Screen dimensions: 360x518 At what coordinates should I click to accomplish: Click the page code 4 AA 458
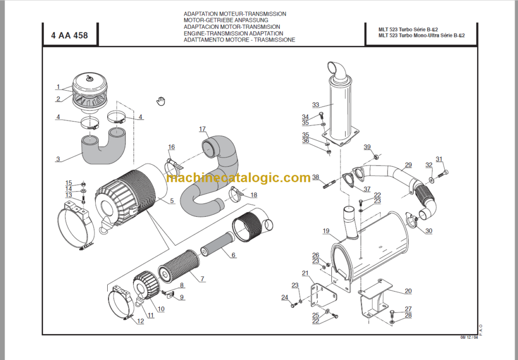[69, 35]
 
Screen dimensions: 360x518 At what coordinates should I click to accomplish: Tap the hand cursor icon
[161, 101]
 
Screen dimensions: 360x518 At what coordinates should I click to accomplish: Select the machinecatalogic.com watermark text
[238, 178]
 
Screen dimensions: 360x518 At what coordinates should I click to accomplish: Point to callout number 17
[202, 129]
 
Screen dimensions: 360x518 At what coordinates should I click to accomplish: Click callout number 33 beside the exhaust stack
[316, 105]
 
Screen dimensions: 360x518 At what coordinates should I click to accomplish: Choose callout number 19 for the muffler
[326, 231]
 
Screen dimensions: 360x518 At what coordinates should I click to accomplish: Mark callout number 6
[233, 255]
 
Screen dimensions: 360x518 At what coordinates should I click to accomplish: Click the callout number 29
[408, 165]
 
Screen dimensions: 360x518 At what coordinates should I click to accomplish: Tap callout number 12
[140, 321]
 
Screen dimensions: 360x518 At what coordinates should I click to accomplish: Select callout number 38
[316, 177]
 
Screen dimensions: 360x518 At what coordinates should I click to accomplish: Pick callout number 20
[408, 291]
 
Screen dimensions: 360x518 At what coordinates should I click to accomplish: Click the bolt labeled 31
[445, 173]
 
